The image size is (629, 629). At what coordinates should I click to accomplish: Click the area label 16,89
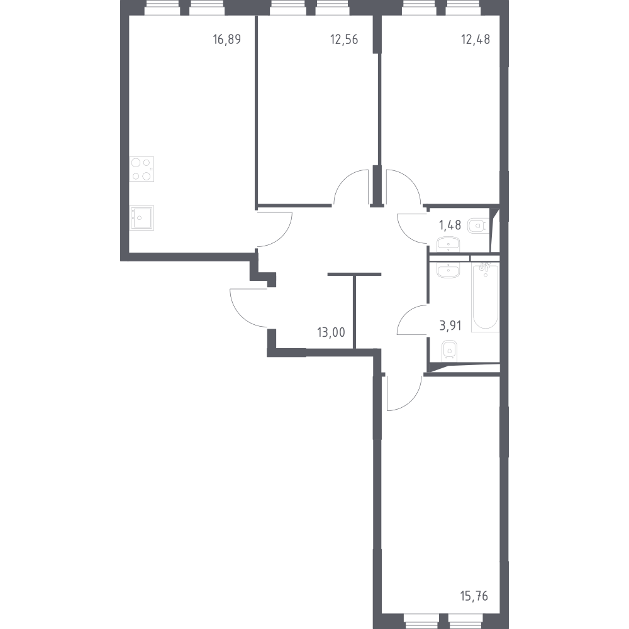point(227,40)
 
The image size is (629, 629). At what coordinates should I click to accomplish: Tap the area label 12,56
point(344,40)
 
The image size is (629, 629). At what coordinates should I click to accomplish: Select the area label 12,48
point(476,40)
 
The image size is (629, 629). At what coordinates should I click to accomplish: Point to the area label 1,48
point(450,225)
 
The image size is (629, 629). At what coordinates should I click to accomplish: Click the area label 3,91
point(450,325)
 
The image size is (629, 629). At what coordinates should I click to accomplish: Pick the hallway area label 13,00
point(331,332)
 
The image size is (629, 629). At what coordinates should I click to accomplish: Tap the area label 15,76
point(474,596)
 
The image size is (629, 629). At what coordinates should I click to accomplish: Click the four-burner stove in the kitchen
point(142,169)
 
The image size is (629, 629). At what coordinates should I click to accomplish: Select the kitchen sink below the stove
point(142,218)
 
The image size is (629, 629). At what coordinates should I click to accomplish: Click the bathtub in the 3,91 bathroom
point(485,297)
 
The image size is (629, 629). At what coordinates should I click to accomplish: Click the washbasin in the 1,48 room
point(448,244)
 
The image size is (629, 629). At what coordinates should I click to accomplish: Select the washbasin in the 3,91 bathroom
point(448,270)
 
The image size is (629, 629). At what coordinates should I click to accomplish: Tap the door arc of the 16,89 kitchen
point(283,237)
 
